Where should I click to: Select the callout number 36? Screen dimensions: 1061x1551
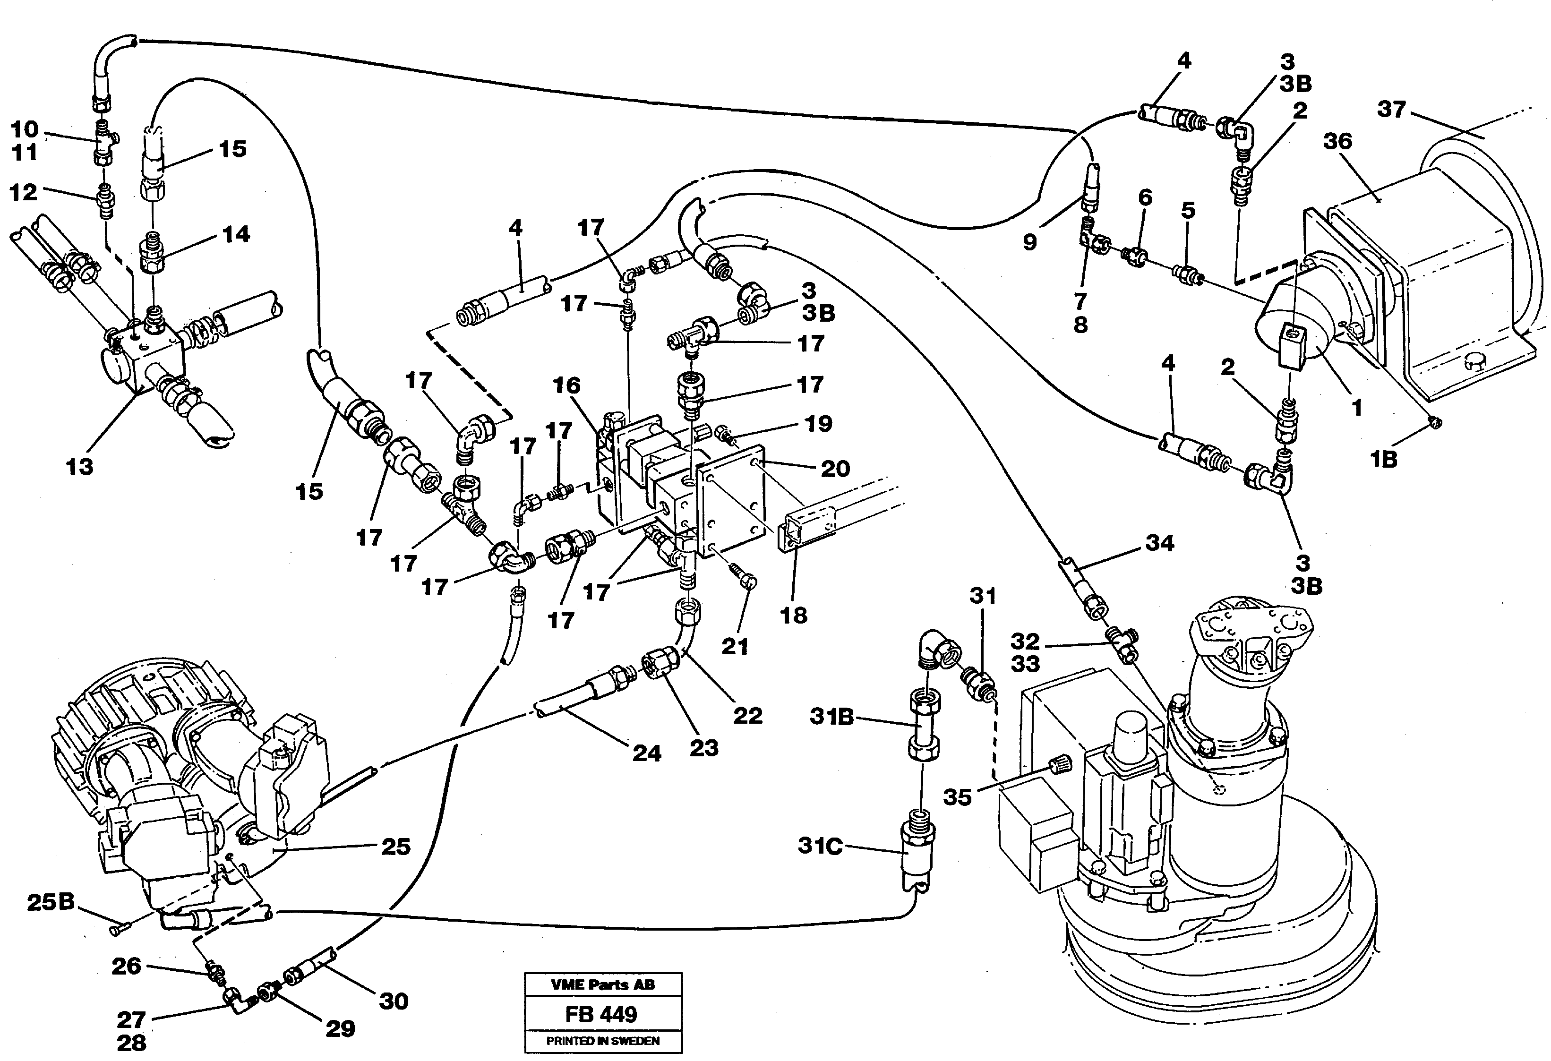(1338, 141)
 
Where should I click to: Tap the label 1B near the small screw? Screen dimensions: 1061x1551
(1383, 459)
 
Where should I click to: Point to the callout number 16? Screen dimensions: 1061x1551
(566, 385)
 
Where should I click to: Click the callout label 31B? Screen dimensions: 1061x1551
(831, 718)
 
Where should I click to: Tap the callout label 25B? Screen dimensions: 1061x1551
(51, 903)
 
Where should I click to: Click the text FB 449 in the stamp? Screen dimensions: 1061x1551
(601, 1014)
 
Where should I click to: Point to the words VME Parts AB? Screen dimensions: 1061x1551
(603, 984)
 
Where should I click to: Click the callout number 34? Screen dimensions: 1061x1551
(1159, 543)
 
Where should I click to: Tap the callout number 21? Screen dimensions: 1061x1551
(735, 645)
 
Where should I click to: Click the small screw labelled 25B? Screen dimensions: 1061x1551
(119, 926)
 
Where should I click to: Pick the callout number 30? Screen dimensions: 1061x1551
(393, 1001)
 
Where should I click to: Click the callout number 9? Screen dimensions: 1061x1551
(1030, 241)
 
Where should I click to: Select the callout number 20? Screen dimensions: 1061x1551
(835, 469)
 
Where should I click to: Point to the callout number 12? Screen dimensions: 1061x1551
(23, 192)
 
